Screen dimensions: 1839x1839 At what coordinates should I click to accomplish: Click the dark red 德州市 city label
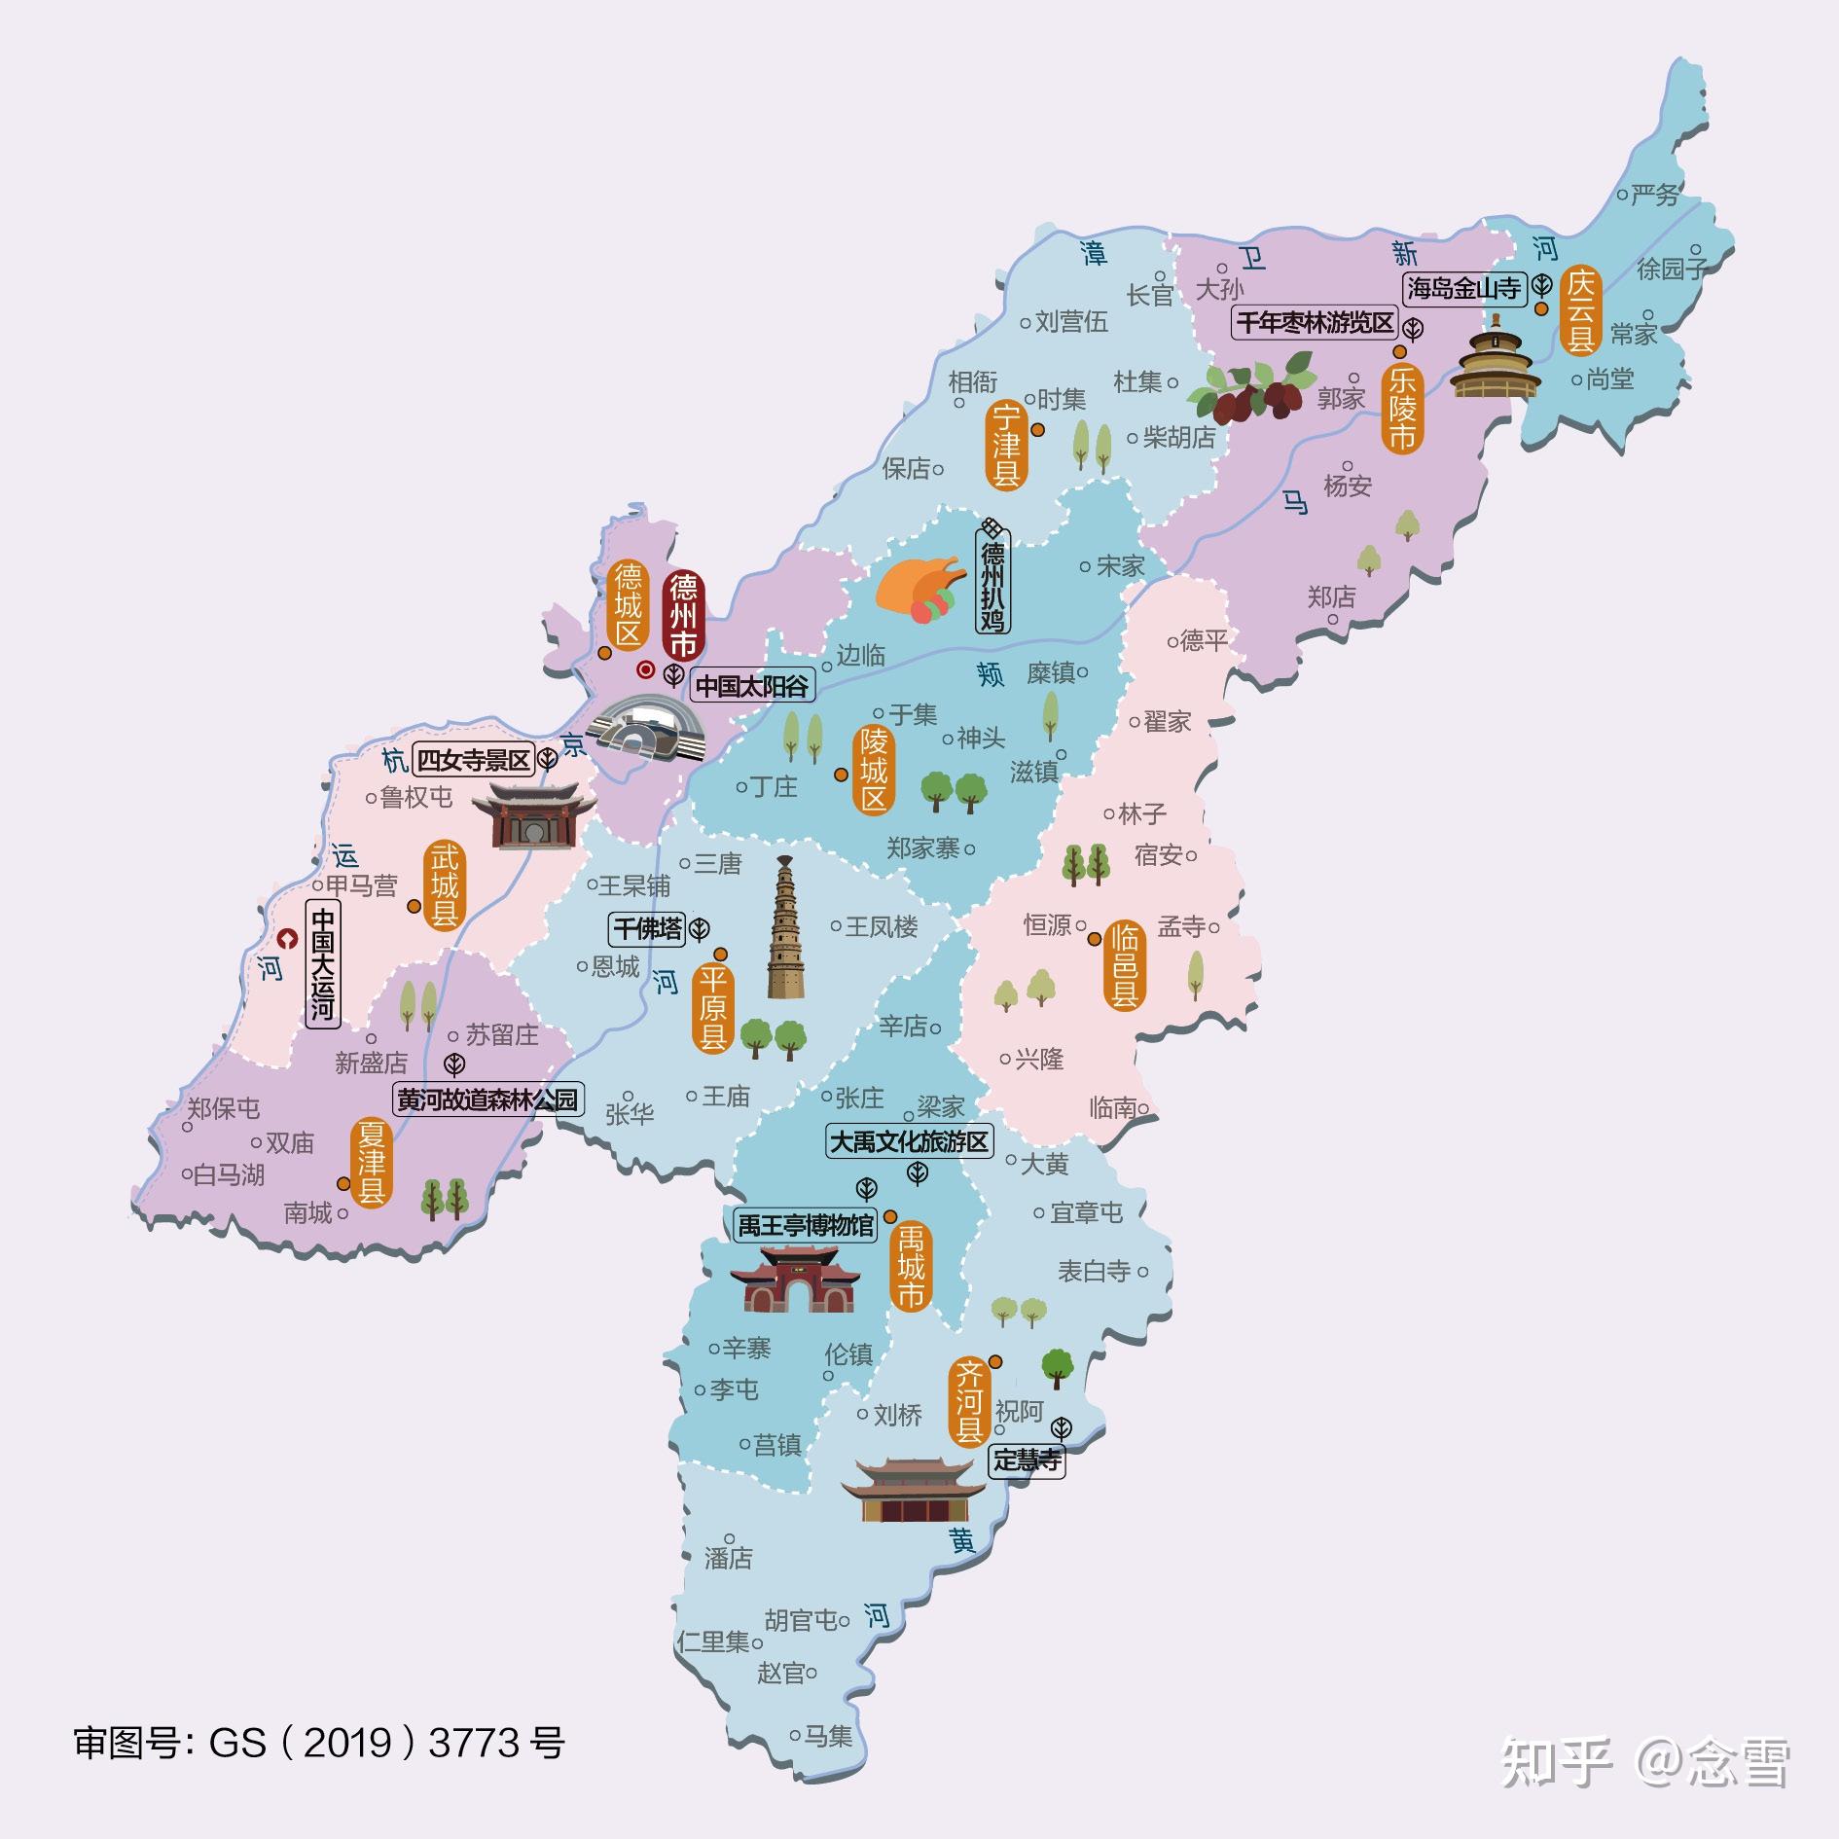tap(683, 616)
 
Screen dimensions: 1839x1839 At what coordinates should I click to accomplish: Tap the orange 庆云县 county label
tap(1581, 311)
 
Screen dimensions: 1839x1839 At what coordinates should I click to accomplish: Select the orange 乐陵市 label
tap(1401, 408)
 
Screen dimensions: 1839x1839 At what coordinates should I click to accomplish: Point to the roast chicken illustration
tap(919, 590)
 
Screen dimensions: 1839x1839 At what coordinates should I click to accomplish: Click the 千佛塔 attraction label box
tap(648, 929)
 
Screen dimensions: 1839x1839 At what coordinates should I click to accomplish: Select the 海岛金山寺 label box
tap(1463, 288)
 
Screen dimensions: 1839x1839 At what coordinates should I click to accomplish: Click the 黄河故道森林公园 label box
tap(487, 1100)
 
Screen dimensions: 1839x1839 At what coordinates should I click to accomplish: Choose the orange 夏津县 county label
tap(371, 1163)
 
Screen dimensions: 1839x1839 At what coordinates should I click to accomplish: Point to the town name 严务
tap(1654, 196)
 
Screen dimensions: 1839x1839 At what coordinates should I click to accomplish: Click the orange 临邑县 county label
tap(1125, 965)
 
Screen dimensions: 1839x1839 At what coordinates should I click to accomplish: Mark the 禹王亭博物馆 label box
tap(806, 1225)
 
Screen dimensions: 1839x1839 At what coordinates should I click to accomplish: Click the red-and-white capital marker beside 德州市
tap(644, 669)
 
